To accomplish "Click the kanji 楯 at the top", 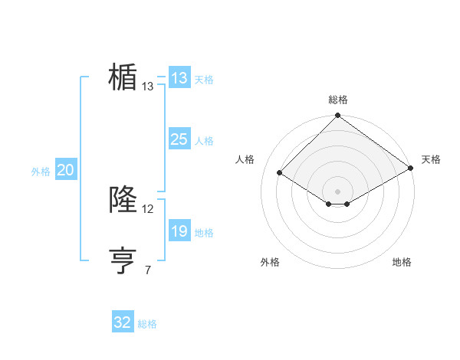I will coord(123,77).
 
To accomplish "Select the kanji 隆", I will coord(123,199).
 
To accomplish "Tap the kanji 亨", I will coord(123,260).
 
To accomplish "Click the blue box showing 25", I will coord(179,139).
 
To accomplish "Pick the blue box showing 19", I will coord(179,231).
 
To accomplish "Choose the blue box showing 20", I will coord(65,171).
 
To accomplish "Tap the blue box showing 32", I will coord(123,322).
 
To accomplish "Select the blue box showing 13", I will coord(179,78).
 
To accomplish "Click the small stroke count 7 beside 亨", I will coord(147,270).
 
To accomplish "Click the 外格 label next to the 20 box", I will coord(41,172).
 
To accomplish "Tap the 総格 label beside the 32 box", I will coord(147,324).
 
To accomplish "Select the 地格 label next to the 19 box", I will coord(204,233).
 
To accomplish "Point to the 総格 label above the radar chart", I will coord(337,100).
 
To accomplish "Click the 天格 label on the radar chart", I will coord(431,159).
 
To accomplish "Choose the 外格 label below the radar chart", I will coord(270,262).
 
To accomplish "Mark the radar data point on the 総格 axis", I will coord(337,116).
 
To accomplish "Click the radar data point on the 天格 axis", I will coord(410,168).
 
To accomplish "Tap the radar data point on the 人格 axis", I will coord(280,173).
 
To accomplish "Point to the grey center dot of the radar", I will coord(337,191).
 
